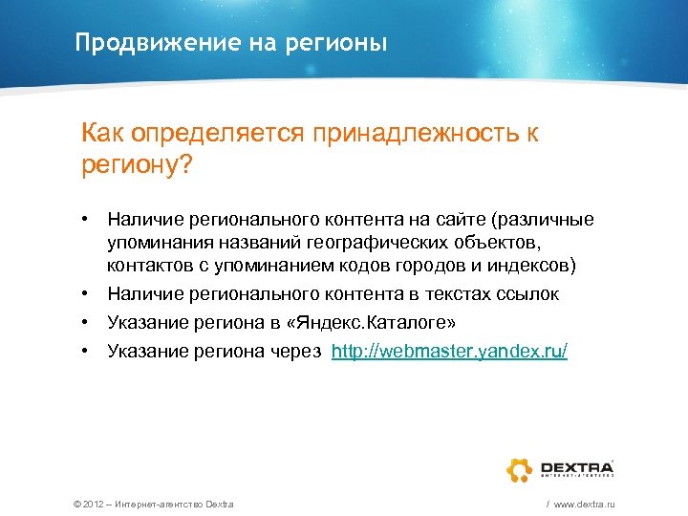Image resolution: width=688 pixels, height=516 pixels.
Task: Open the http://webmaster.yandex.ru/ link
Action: pyautogui.click(x=449, y=352)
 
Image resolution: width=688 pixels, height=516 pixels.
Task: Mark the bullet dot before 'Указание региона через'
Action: pyautogui.click(x=86, y=352)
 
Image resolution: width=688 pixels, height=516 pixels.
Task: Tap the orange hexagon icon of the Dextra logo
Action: pyautogui.click(x=520, y=468)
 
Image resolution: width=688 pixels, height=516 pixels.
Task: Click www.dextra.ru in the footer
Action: pyautogui.click(x=584, y=504)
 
